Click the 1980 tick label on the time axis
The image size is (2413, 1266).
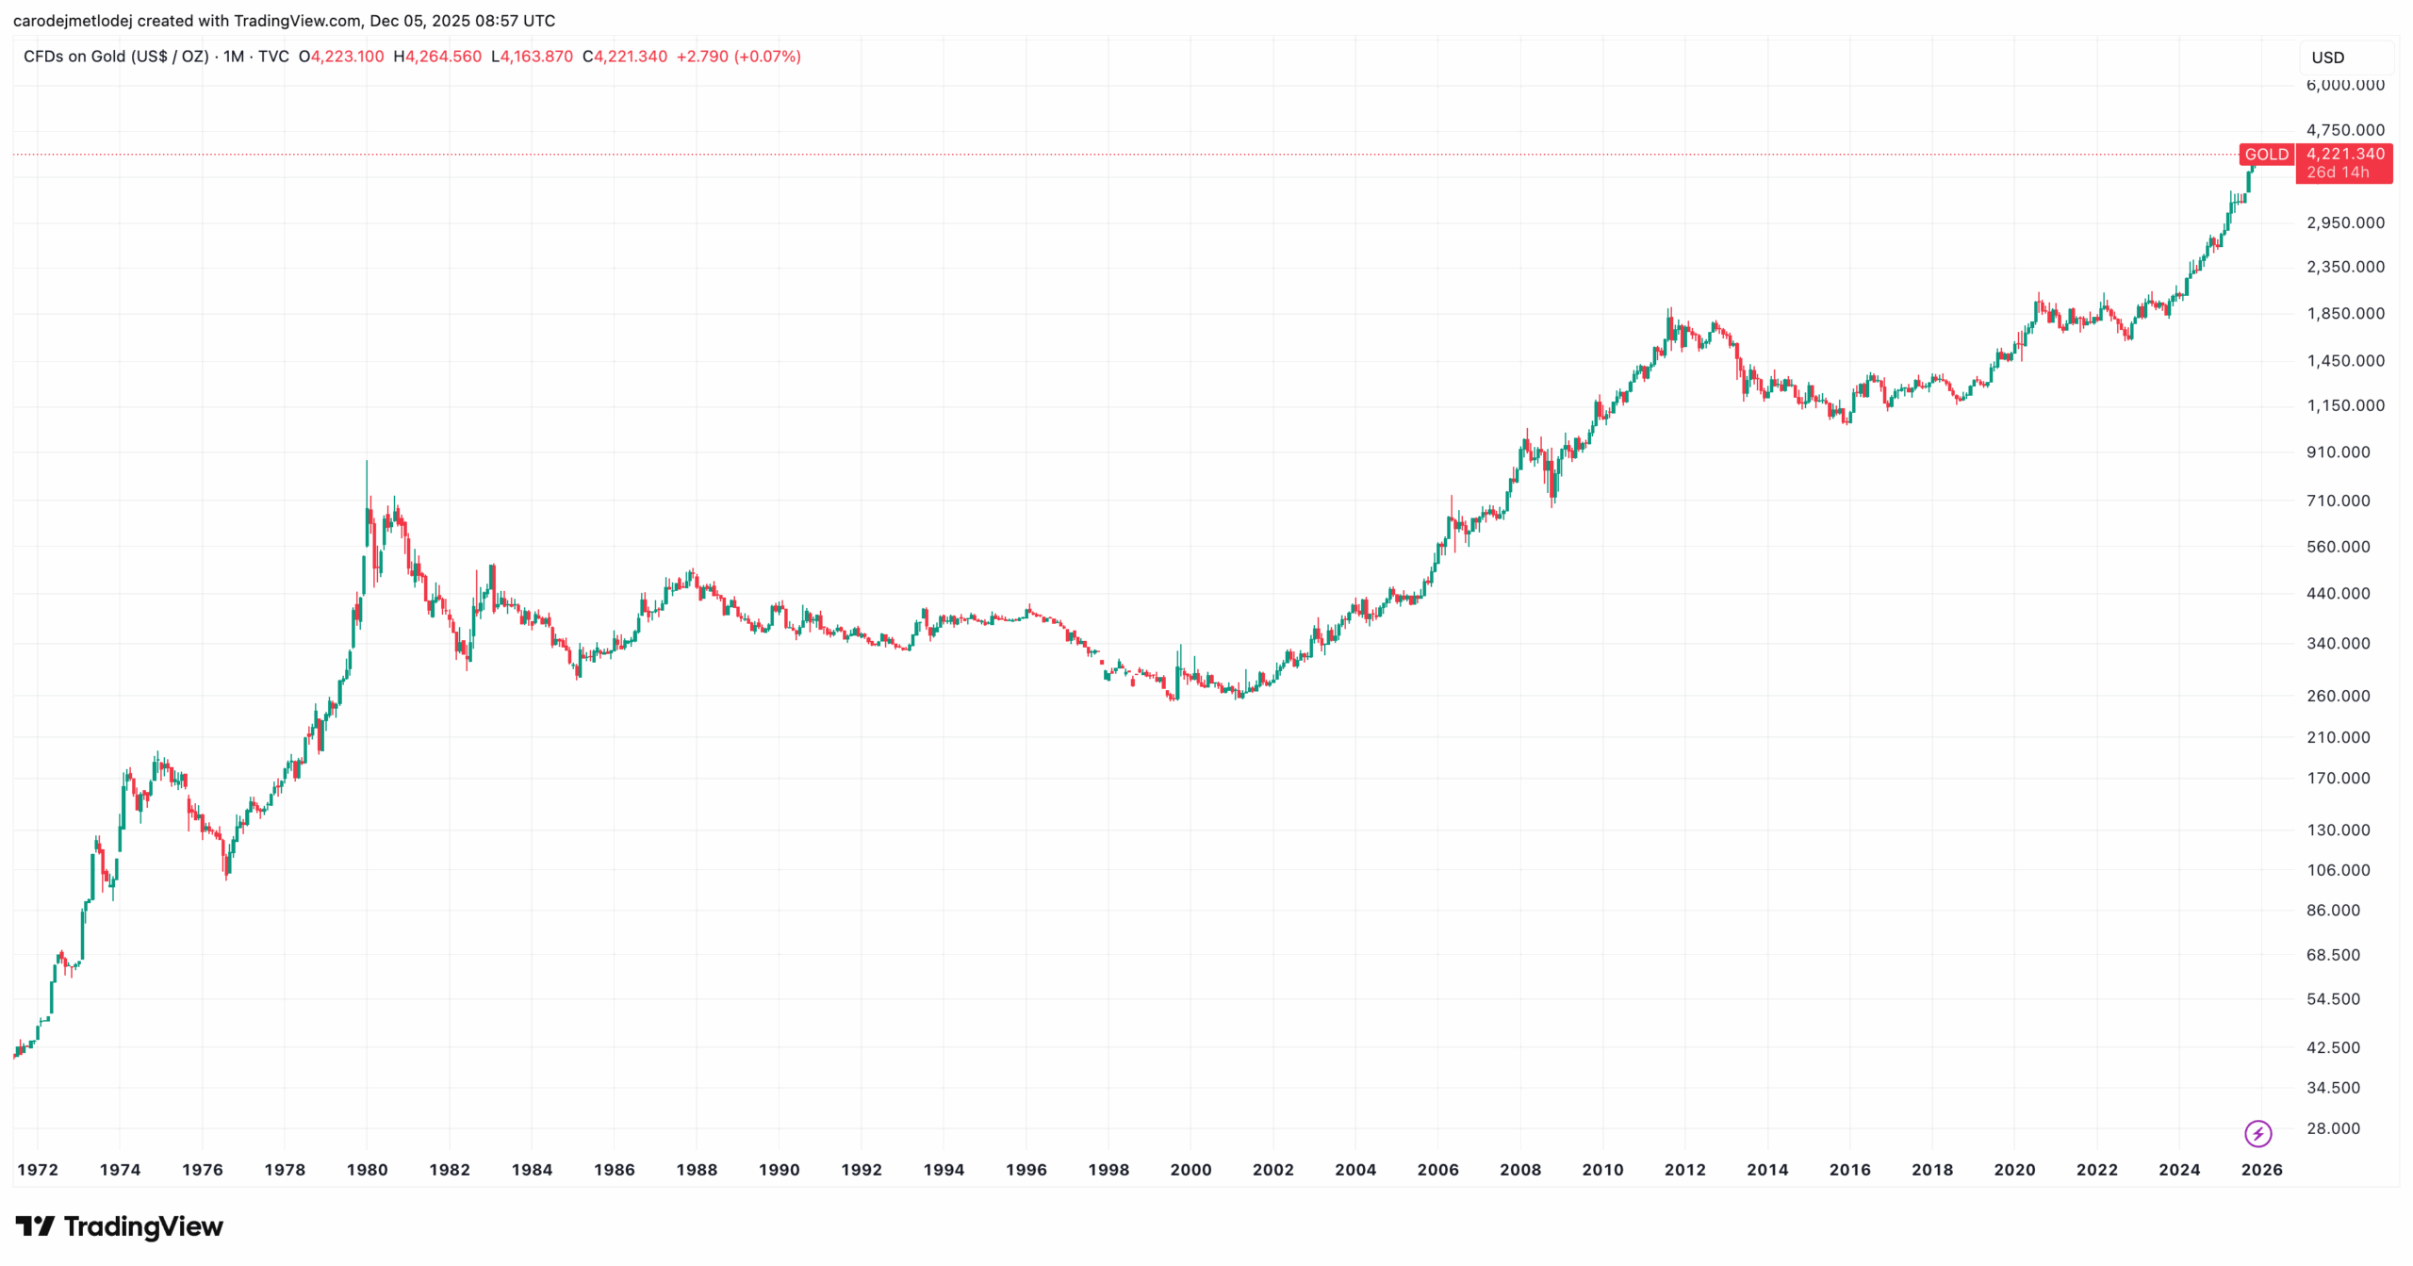(x=367, y=1170)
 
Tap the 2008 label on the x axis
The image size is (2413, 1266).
(x=1520, y=1170)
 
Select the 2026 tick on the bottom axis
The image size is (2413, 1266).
(x=2261, y=1170)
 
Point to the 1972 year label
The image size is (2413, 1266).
(x=38, y=1170)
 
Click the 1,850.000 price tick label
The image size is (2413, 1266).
(x=2345, y=314)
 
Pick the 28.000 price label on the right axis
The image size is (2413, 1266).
(x=2333, y=1128)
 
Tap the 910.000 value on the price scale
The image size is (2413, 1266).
(x=2338, y=452)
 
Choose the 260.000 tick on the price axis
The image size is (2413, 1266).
(x=2338, y=696)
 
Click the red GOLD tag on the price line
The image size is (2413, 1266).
(x=2266, y=155)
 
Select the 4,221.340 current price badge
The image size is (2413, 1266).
(x=2345, y=155)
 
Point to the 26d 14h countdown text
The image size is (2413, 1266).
(x=2338, y=173)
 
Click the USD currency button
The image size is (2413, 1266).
(x=2327, y=58)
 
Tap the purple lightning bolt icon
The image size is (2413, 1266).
(x=2258, y=1133)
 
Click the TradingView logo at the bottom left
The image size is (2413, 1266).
(x=120, y=1226)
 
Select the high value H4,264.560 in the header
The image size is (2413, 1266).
(x=437, y=57)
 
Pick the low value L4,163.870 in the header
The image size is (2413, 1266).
(x=532, y=57)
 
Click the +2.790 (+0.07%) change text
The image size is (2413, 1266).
(x=738, y=57)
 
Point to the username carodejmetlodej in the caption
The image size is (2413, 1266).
(x=73, y=21)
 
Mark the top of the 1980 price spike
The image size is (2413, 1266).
(x=367, y=462)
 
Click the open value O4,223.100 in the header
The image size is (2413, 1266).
(x=341, y=57)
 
